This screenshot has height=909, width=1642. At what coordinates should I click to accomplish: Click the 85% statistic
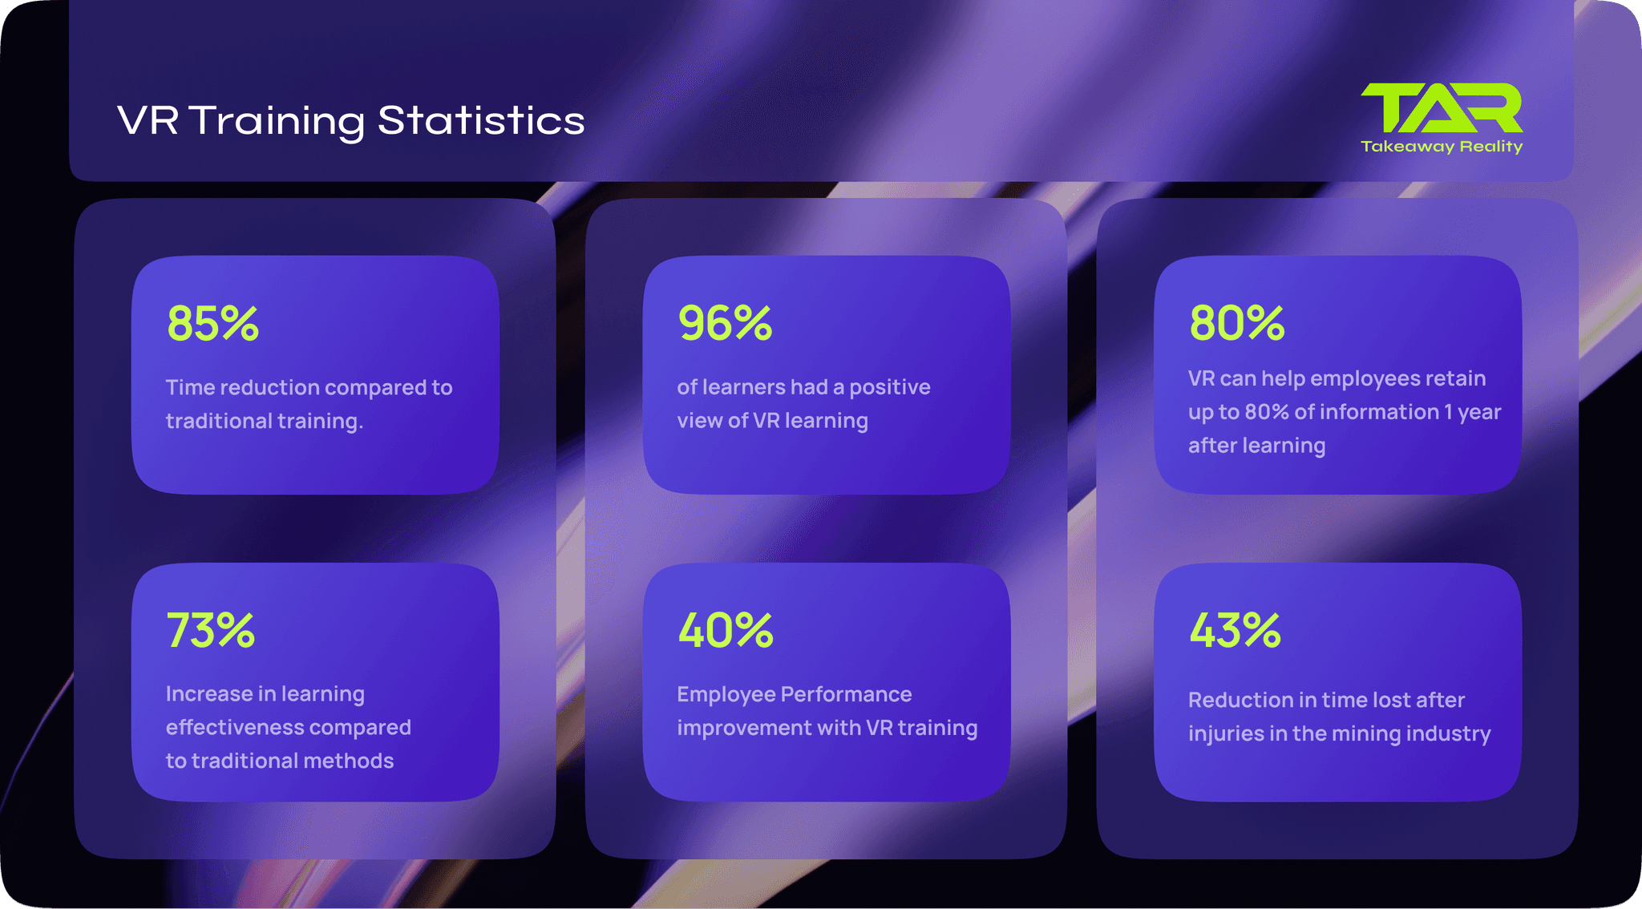tap(212, 324)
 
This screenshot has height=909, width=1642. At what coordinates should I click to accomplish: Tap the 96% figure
tap(725, 324)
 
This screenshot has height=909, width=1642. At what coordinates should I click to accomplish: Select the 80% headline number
tap(1236, 324)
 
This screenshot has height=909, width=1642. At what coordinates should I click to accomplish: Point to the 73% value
tap(211, 631)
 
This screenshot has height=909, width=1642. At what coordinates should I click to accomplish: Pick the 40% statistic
tap(726, 631)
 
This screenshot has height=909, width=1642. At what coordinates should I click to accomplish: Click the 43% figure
tap(1235, 631)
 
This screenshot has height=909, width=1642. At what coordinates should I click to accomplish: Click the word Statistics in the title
tap(481, 121)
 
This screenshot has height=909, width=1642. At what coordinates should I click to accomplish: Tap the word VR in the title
tap(148, 121)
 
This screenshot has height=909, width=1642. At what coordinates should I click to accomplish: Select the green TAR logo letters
tap(1442, 108)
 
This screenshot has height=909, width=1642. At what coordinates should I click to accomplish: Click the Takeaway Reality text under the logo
tap(1442, 147)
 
